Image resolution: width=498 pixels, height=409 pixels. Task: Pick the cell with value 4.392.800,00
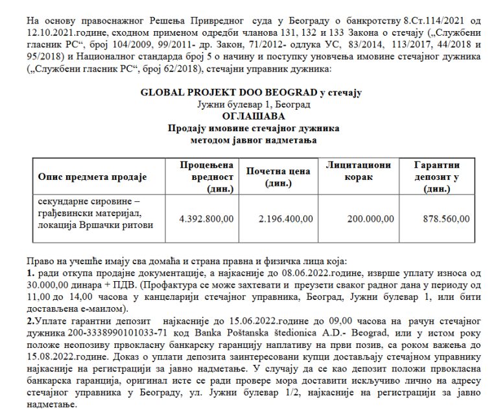coord(206,219)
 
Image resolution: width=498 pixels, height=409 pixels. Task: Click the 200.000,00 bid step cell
coord(370,219)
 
